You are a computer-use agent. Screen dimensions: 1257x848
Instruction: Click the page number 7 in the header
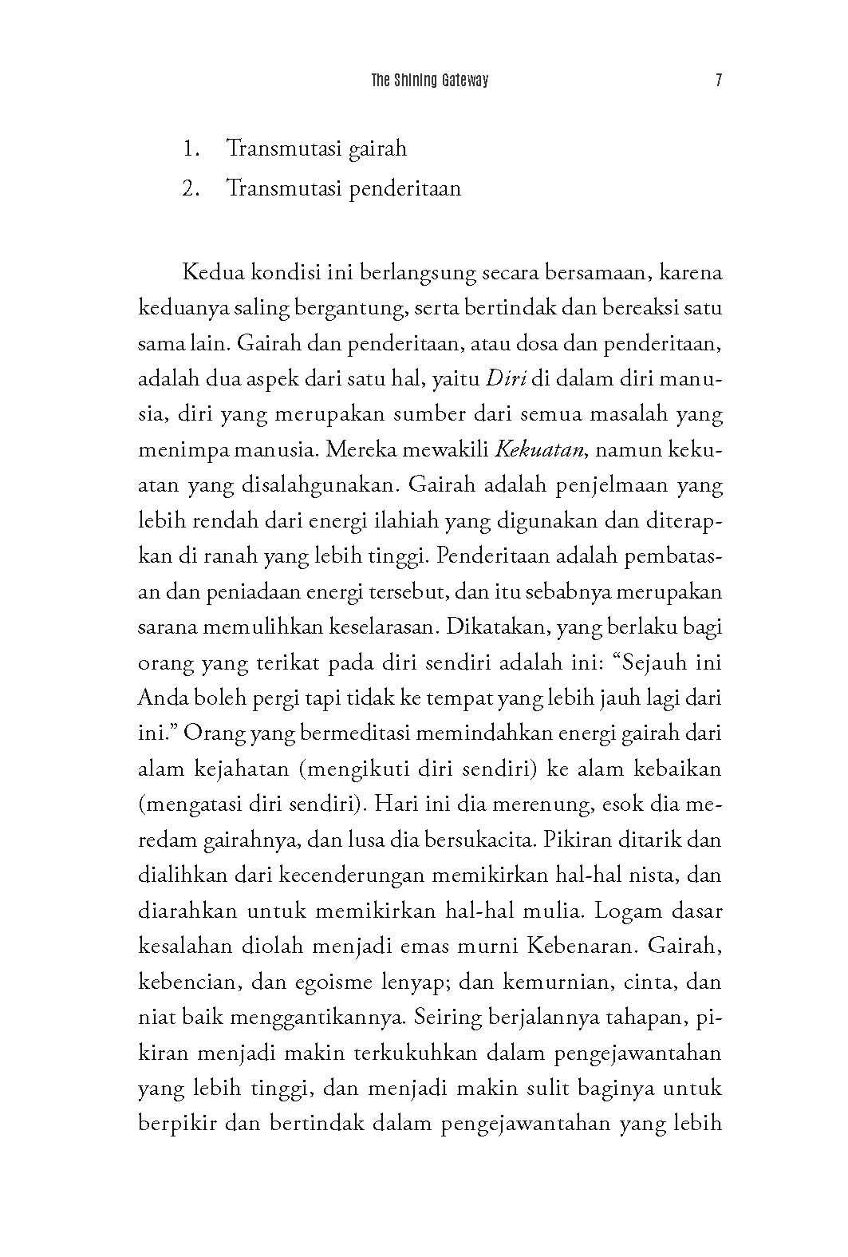tap(719, 81)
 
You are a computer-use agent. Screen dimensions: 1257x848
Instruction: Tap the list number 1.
tap(189, 148)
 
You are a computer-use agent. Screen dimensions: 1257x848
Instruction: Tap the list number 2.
tap(189, 189)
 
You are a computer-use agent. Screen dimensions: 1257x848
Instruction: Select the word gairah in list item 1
tap(378, 148)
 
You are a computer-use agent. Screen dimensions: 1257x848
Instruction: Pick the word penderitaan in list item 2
tap(405, 189)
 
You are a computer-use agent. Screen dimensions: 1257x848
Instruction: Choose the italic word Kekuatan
tap(542, 449)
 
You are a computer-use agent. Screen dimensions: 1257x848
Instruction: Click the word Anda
tap(162, 697)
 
